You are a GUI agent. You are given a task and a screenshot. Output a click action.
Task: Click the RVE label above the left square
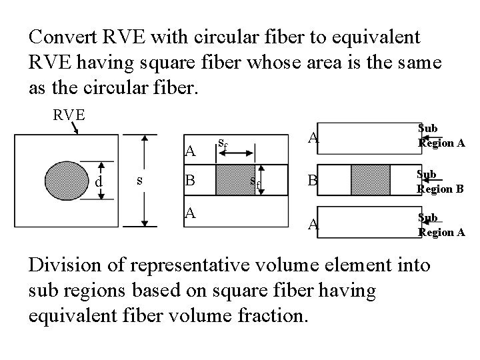pos(69,114)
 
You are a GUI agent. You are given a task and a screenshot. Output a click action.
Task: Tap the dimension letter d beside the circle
pos(98,181)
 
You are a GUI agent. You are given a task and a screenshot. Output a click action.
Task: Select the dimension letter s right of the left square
pos(138,181)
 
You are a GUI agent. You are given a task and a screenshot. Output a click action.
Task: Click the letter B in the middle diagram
pos(189,181)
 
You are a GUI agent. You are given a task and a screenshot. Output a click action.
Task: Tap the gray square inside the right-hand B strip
pos(369,180)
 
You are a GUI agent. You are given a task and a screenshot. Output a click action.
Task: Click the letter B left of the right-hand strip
pos(310,181)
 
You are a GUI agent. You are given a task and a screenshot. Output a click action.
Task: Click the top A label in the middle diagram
pos(189,151)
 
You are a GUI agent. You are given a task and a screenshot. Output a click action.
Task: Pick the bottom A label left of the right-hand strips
pos(310,225)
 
